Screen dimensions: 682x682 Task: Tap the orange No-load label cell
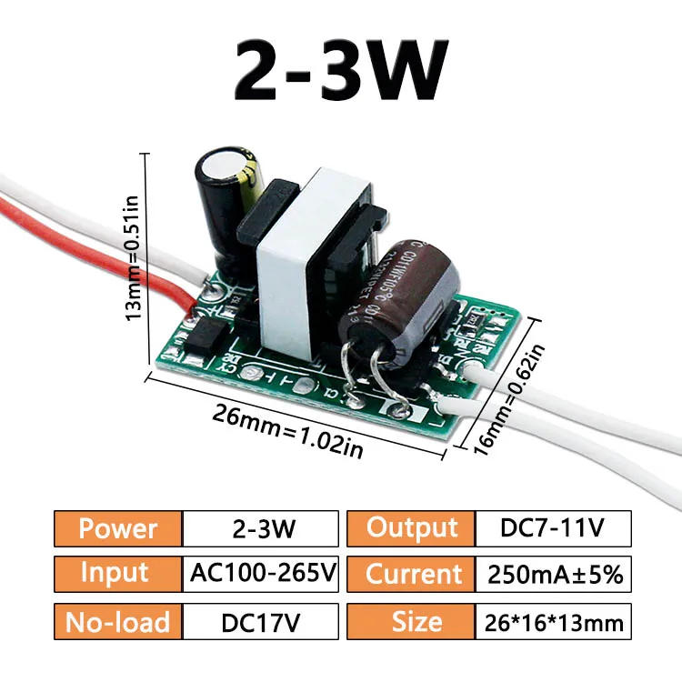click(x=118, y=622)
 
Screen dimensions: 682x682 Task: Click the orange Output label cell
click(x=411, y=528)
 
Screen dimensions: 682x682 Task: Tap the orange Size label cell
click(x=411, y=622)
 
